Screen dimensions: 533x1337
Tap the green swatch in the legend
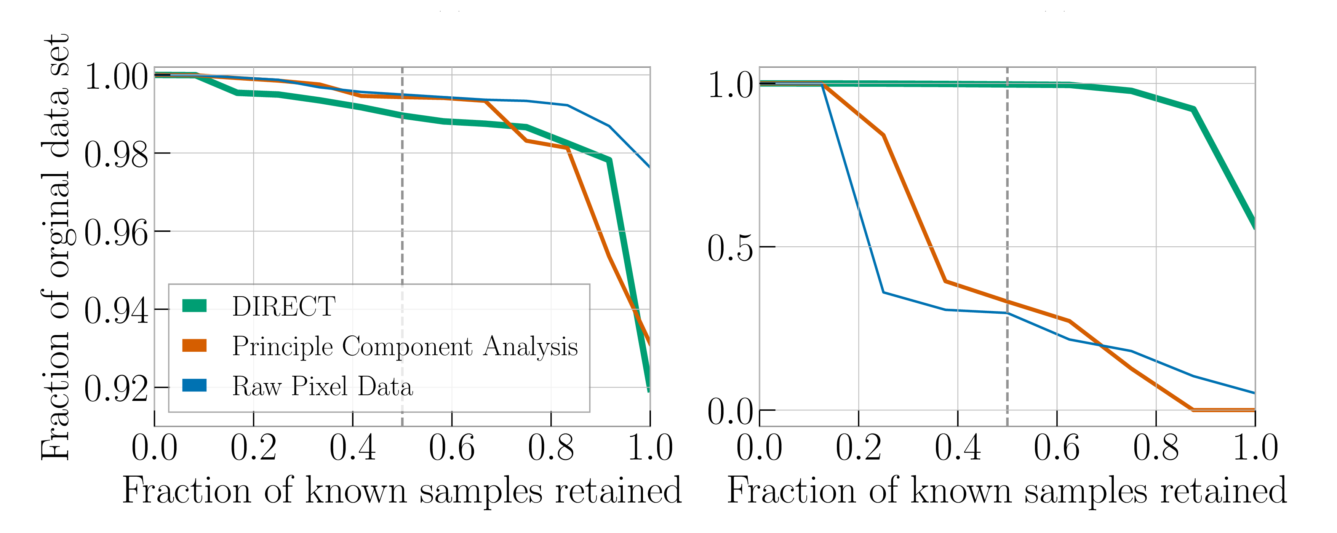pos(195,306)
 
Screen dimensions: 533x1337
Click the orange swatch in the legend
pos(195,346)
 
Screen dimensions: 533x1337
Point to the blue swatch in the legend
pos(195,386)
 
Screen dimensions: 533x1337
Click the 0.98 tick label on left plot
pos(116,154)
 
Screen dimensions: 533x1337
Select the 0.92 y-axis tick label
pos(116,388)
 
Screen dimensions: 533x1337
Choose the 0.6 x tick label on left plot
pos(451,447)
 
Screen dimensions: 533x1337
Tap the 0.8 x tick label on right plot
pos(1156,447)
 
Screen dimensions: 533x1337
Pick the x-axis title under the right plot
pos(1007,490)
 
